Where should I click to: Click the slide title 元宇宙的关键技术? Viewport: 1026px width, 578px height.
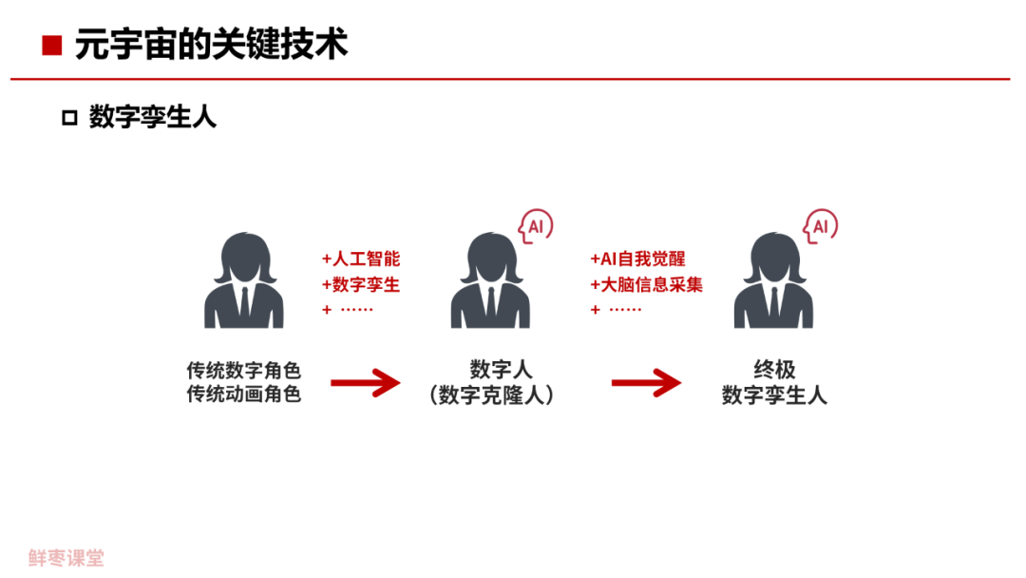coord(211,45)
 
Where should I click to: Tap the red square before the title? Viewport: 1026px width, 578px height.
coord(52,45)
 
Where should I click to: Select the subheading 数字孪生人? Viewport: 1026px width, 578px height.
coord(153,117)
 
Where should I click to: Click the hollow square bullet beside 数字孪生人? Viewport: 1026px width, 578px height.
coord(68,118)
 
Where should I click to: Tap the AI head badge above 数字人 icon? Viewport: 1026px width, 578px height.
coord(535,226)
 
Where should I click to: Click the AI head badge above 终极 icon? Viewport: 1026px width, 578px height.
coord(820,226)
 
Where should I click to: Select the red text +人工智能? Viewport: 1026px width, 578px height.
coord(361,260)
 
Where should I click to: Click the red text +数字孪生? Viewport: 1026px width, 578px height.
coord(361,284)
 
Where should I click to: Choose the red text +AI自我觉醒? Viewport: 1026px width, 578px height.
coord(637,260)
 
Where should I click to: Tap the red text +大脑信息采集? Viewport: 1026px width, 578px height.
coord(646,284)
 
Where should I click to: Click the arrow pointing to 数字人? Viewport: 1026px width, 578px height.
coord(366,383)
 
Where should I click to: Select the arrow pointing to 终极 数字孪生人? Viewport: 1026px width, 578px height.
coord(646,383)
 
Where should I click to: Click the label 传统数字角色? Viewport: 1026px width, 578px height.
coord(244,370)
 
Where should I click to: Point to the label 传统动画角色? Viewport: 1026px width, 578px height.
coord(244,394)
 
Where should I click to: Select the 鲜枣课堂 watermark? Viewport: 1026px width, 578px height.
coord(66,558)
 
